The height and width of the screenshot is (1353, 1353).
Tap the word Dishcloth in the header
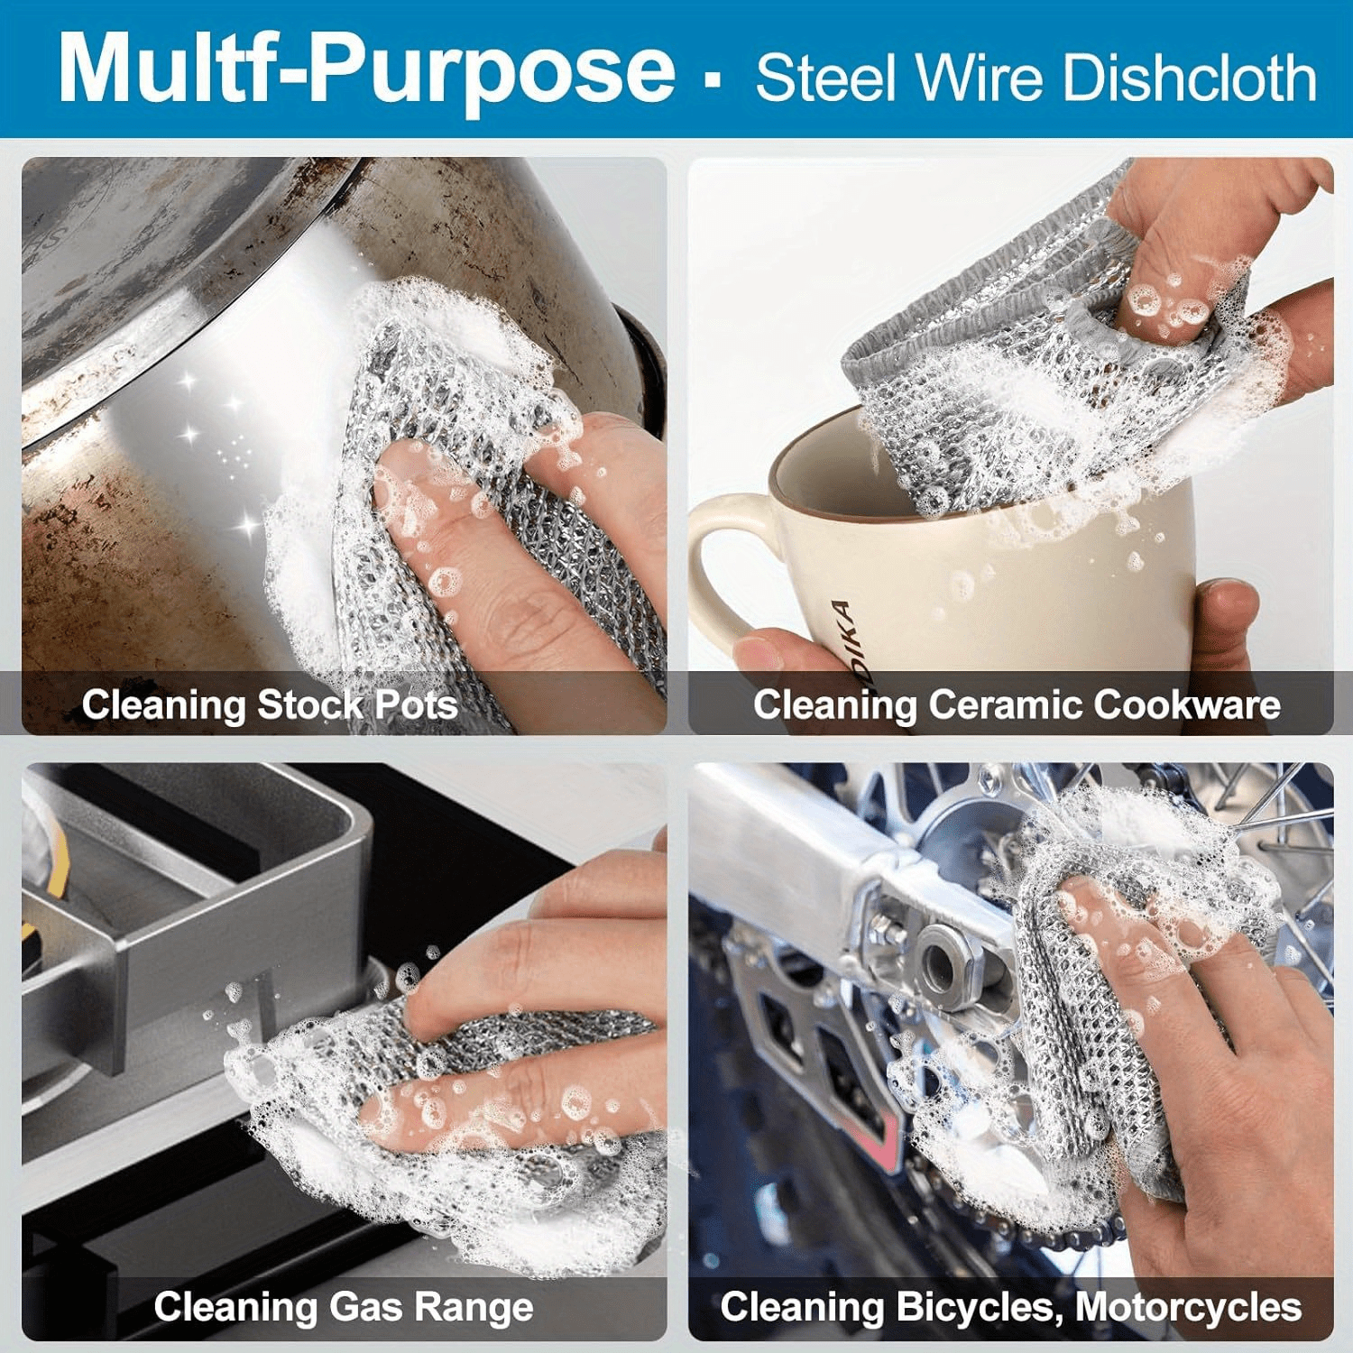pyautogui.click(x=1191, y=77)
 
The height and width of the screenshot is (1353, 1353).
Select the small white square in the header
pyautogui.click(x=713, y=79)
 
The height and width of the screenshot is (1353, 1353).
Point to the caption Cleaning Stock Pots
pyautogui.click(x=270, y=704)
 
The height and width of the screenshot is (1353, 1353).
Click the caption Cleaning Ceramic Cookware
pyautogui.click(x=1017, y=704)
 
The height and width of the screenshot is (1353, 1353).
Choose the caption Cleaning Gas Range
pyautogui.click(x=344, y=1306)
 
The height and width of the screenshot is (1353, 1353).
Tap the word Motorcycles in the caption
pyautogui.click(x=1188, y=1307)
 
